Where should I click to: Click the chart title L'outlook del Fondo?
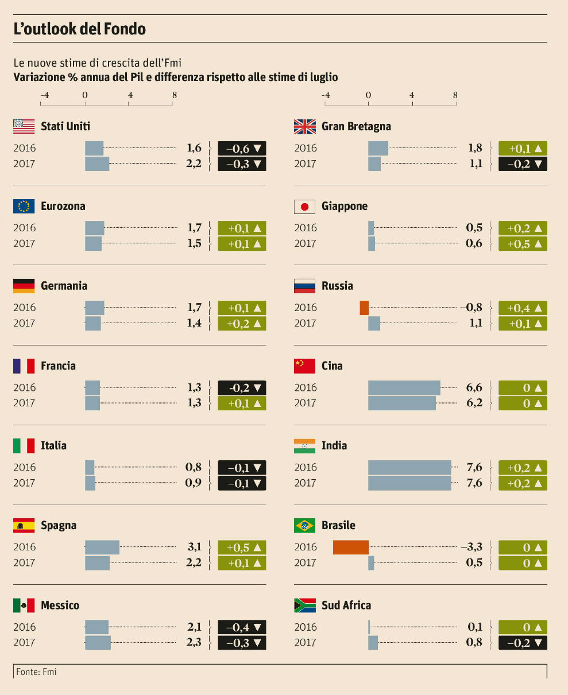point(79,29)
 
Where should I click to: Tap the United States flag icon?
point(24,126)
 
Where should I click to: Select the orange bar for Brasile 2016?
point(350,548)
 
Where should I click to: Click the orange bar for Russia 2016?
point(364,308)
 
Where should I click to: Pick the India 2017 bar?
point(409,483)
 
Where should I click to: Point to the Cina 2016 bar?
point(404,387)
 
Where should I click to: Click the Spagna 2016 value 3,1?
point(194,547)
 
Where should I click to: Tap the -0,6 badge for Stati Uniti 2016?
point(242,148)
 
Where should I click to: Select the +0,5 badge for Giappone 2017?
point(523,243)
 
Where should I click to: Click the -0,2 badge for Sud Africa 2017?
point(523,643)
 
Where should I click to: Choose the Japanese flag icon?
point(304,207)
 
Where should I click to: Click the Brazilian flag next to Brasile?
point(304,526)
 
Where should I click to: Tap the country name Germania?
point(64,286)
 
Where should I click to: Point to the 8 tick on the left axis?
point(174,95)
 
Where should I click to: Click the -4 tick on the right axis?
point(326,95)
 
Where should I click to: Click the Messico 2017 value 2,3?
point(194,642)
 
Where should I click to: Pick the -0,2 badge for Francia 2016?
point(242,387)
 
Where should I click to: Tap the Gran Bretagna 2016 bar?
point(378,148)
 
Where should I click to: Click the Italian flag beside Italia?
point(24,446)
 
